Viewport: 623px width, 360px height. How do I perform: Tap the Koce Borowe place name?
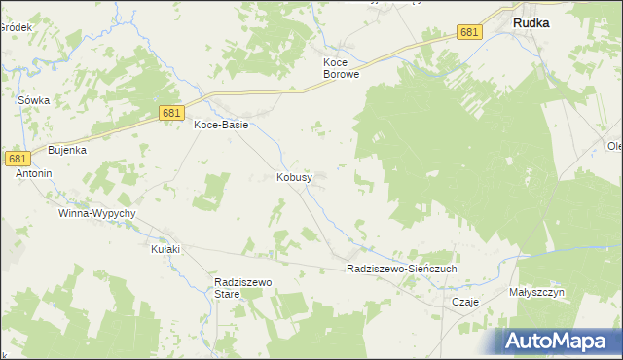pyautogui.click(x=342, y=67)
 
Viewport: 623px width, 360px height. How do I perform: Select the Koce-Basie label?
pyautogui.click(x=221, y=125)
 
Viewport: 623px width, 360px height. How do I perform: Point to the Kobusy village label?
pyautogui.click(x=294, y=178)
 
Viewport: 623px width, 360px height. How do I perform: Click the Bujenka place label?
pyautogui.click(x=68, y=150)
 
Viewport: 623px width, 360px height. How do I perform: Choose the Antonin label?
pyautogui.click(x=33, y=173)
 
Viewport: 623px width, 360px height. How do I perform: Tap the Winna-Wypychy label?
pyautogui.click(x=97, y=212)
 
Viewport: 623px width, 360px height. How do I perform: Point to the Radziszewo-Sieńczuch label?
pyautogui.click(x=401, y=268)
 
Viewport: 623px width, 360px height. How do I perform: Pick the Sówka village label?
pyautogui.click(x=33, y=100)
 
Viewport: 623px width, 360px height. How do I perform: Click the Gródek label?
pyautogui.click(x=16, y=27)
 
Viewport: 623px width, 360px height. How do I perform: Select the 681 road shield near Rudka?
pyautogui.click(x=469, y=32)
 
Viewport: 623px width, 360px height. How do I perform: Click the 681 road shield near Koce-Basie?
pyautogui.click(x=171, y=114)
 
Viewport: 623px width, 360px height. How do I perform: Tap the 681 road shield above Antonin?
pyautogui.click(x=17, y=158)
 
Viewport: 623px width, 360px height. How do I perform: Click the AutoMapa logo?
pyautogui.click(x=558, y=341)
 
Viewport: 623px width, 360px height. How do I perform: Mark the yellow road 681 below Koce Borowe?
pyautogui.click(x=321, y=86)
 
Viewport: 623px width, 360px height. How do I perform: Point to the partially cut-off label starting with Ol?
pyautogui.click(x=614, y=146)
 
